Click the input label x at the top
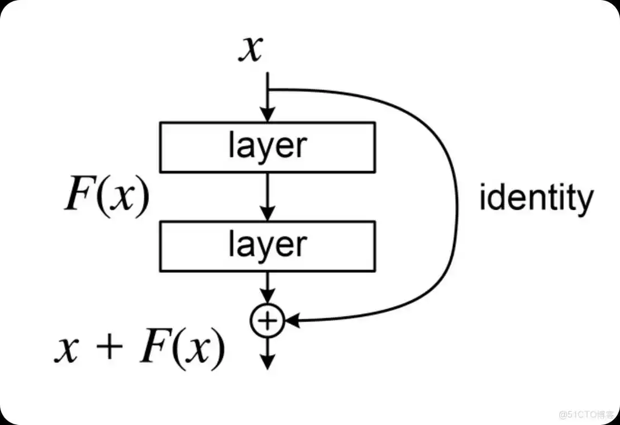coord(251,49)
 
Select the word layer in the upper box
coord(268,147)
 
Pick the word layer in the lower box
coord(268,245)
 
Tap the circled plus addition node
coord(268,320)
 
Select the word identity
coord(536,198)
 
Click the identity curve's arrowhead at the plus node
coord(293,320)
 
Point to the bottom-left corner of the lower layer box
coord(160,270)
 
